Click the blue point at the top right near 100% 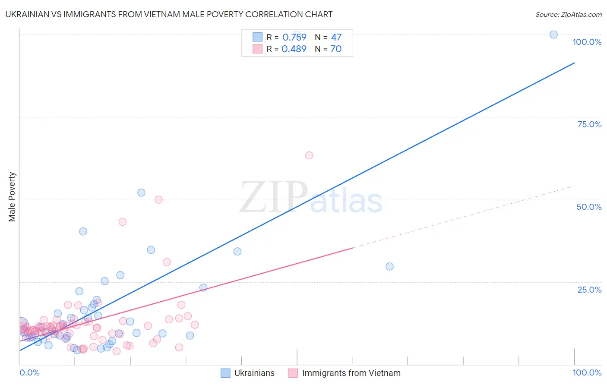553,35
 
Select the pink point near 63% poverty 309,155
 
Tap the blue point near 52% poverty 141,192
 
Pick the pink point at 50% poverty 158,199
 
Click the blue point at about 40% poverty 83,231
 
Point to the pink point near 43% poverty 122,222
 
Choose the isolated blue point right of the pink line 389,266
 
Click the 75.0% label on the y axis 589,124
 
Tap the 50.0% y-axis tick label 589,207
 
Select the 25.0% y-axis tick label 589,290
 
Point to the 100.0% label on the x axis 587,372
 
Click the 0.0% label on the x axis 29,372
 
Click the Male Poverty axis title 12,197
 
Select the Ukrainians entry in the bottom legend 254,373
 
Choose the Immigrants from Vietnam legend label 351,373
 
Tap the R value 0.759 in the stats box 294,37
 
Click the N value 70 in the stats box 336,49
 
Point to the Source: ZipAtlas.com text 568,14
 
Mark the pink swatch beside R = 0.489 257,49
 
